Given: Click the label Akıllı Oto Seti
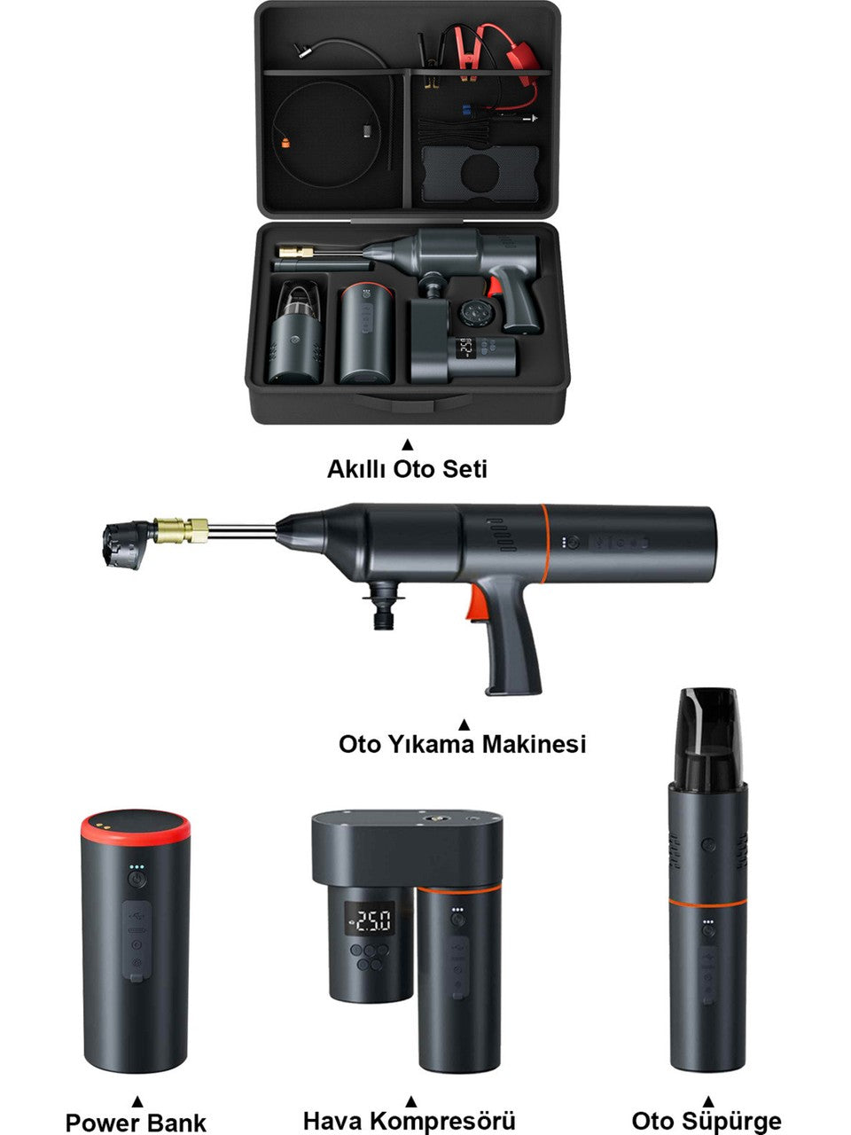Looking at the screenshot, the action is [x=407, y=469].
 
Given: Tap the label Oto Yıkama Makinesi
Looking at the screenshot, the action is [x=463, y=744].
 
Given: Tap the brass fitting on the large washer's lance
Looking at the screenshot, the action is [x=181, y=530].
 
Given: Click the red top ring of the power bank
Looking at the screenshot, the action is [x=136, y=827].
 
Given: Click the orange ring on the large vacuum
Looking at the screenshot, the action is [x=708, y=903].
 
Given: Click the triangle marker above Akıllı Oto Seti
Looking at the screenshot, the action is [x=408, y=444].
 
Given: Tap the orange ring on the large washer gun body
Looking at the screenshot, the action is [x=544, y=543].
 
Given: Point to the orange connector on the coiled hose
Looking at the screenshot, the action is [x=285, y=143].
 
